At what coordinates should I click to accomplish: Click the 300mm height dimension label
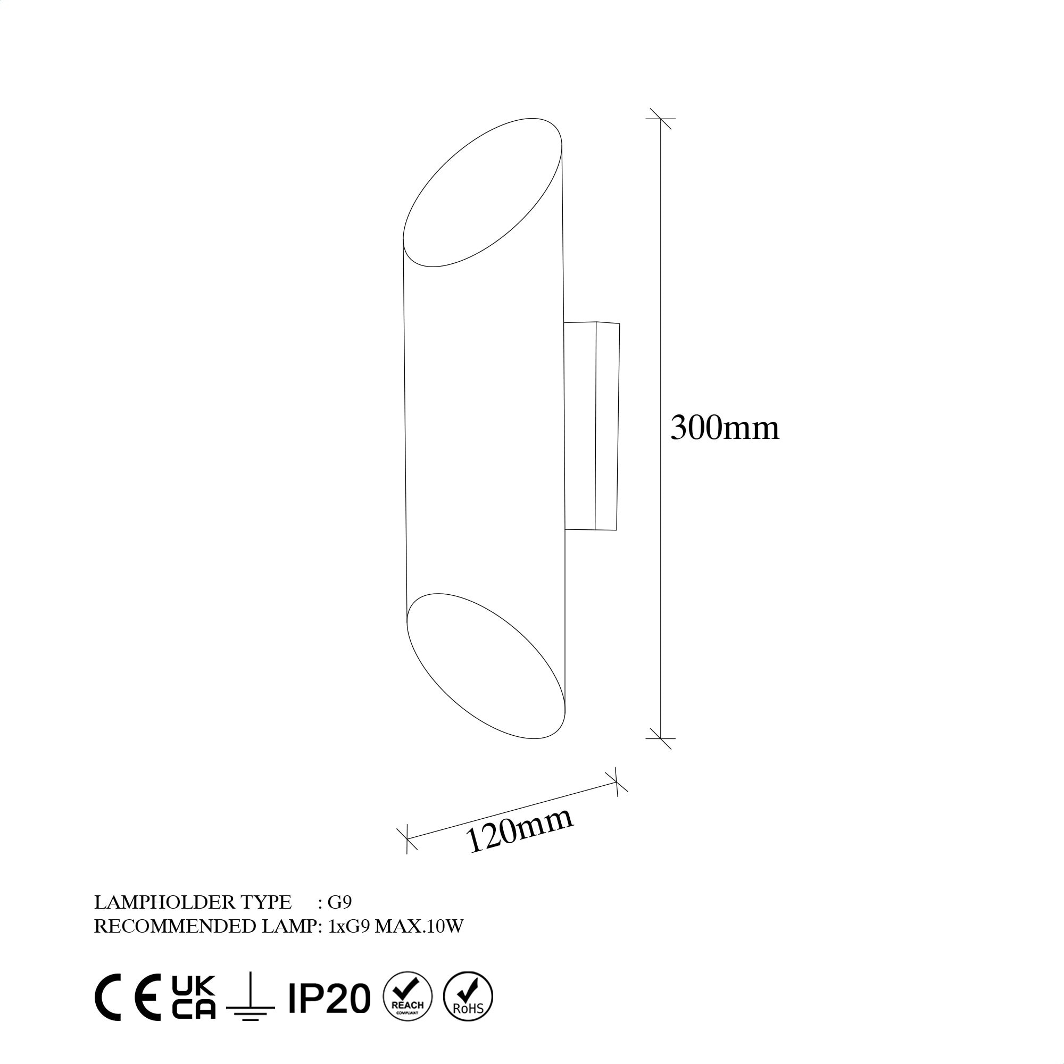pyautogui.click(x=724, y=428)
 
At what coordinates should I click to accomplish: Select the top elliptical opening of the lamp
pyautogui.click(x=483, y=192)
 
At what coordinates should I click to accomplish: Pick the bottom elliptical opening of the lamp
pyautogui.click(x=486, y=666)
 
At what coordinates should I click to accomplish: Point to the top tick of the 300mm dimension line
pyautogui.click(x=660, y=119)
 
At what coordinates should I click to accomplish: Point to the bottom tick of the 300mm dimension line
pyautogui.click(x=660, y=738)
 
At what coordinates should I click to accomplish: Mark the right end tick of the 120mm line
pyautogui.click(x=616, y=783)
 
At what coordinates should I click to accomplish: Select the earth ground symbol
pyautogui.click(x=251, y=1005)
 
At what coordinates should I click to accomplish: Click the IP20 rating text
pyautogui.click(x=329, y=1006)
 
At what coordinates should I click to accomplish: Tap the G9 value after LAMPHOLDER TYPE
pyautogui.click(x=339, y=902)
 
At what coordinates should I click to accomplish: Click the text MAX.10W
pyautogui.click(x=419, y=926)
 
